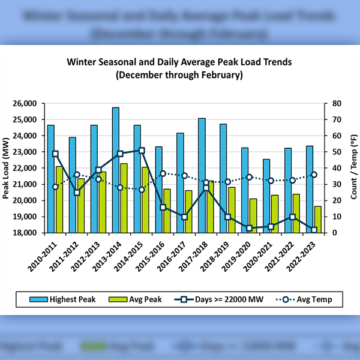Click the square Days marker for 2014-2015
click(142, 151)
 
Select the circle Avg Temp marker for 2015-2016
click(163, 173)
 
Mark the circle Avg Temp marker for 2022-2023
click(314, 175)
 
